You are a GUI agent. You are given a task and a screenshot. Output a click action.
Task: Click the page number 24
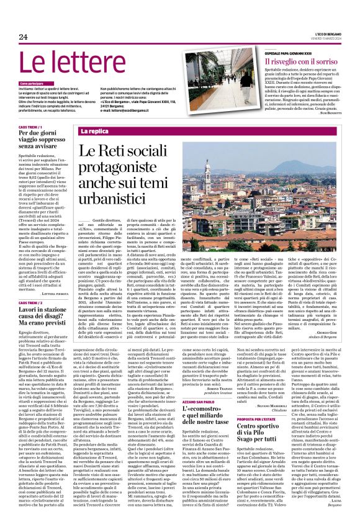24,37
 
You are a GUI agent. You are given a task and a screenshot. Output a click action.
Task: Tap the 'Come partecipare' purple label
32,83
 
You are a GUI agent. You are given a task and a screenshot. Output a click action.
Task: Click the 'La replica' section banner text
94,132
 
